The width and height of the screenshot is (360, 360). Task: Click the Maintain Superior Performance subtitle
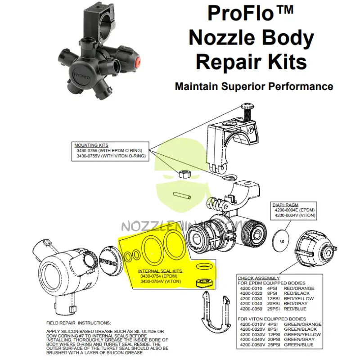tap(254, 86)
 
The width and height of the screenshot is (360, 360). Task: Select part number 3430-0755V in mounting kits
tap(89, 156)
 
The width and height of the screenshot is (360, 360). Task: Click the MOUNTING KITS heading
tap(91, 145)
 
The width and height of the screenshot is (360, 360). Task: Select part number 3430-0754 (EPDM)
tap(159, 276)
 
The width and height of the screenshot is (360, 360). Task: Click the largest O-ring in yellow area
tap(174, 243)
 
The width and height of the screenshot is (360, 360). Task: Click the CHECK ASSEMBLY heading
tap(259, 278)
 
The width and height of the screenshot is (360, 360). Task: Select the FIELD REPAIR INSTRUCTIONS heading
tap(78, 323)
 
